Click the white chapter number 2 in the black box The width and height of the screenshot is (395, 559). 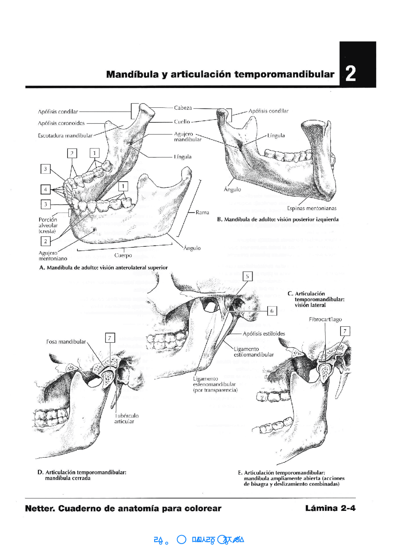(x=351, y=73)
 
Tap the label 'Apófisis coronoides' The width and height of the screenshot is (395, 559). (x=61, y=123)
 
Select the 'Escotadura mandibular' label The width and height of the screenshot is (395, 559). (x=65, y=136)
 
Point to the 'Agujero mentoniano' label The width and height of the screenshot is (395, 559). (x=52, y=256)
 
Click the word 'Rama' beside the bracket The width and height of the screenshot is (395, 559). (x=202, y=212)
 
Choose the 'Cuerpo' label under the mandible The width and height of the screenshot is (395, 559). (x=123, y=255)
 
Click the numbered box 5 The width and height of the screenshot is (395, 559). (x=247, y=277)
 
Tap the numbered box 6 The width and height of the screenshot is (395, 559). (x=272, y=311)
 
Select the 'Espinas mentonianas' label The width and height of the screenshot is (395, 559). (x=312, y=208)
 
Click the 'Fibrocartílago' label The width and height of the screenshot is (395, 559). (x=325, y=319)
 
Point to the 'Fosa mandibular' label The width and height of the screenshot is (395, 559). (x=66, y=342)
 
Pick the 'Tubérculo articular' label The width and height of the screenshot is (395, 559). (x=126, y=419)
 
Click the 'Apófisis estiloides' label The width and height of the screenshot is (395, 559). (x=264, y=334)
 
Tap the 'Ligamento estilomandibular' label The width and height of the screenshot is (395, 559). (x=253, y=352)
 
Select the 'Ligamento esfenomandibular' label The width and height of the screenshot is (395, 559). (x=215, y=384)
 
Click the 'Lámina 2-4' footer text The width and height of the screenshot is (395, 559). (x=330, y=508)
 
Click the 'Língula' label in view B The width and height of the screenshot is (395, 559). (x=276, y=136)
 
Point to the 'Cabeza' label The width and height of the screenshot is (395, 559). (x=183, y=108)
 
